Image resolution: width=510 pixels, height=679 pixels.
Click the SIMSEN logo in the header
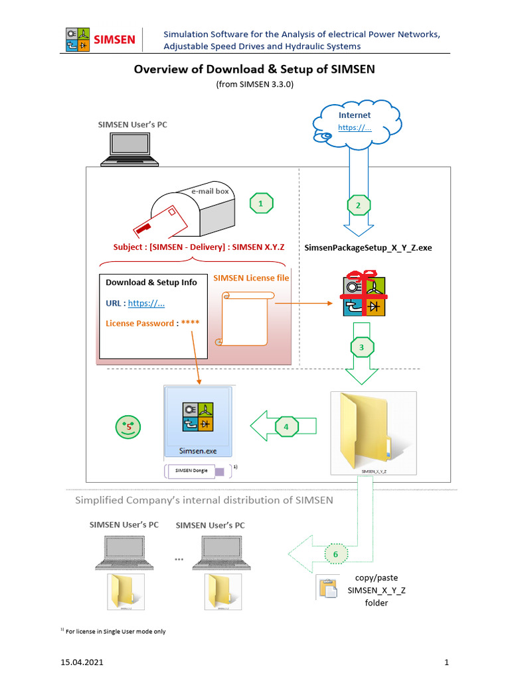(x=101, y=39)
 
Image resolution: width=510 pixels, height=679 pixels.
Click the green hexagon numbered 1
(x=261, y=204)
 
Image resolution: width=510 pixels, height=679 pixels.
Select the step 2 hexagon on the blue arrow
(x=359, y=206)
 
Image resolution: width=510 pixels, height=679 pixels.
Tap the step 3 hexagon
(x=361, y=347)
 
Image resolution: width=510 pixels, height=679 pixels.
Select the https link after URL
(x=146, y=303)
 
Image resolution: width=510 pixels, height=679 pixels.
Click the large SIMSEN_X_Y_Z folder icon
(x=373, y=431)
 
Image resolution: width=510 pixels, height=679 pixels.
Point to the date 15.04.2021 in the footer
(x=82, y=662)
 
